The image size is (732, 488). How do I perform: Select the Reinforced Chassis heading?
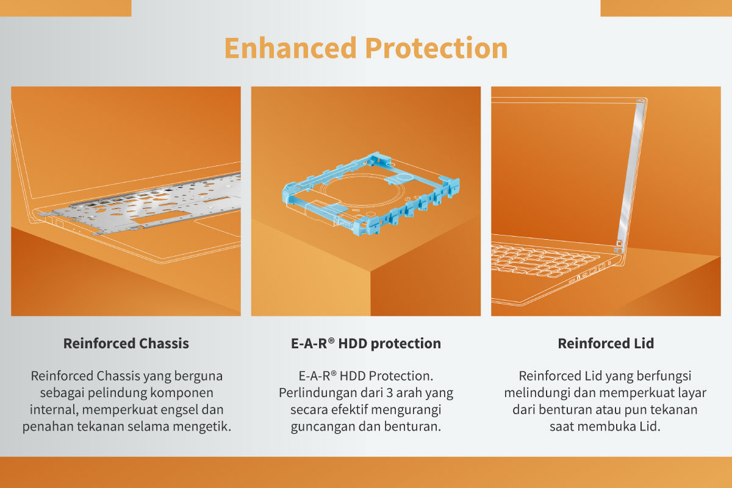[126, 343]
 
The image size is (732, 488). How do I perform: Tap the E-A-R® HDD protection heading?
[366, 343]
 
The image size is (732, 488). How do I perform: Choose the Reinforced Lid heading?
[606, 343]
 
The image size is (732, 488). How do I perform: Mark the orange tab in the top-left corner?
[65, 8]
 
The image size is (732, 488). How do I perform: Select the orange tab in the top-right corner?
[666, 8]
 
